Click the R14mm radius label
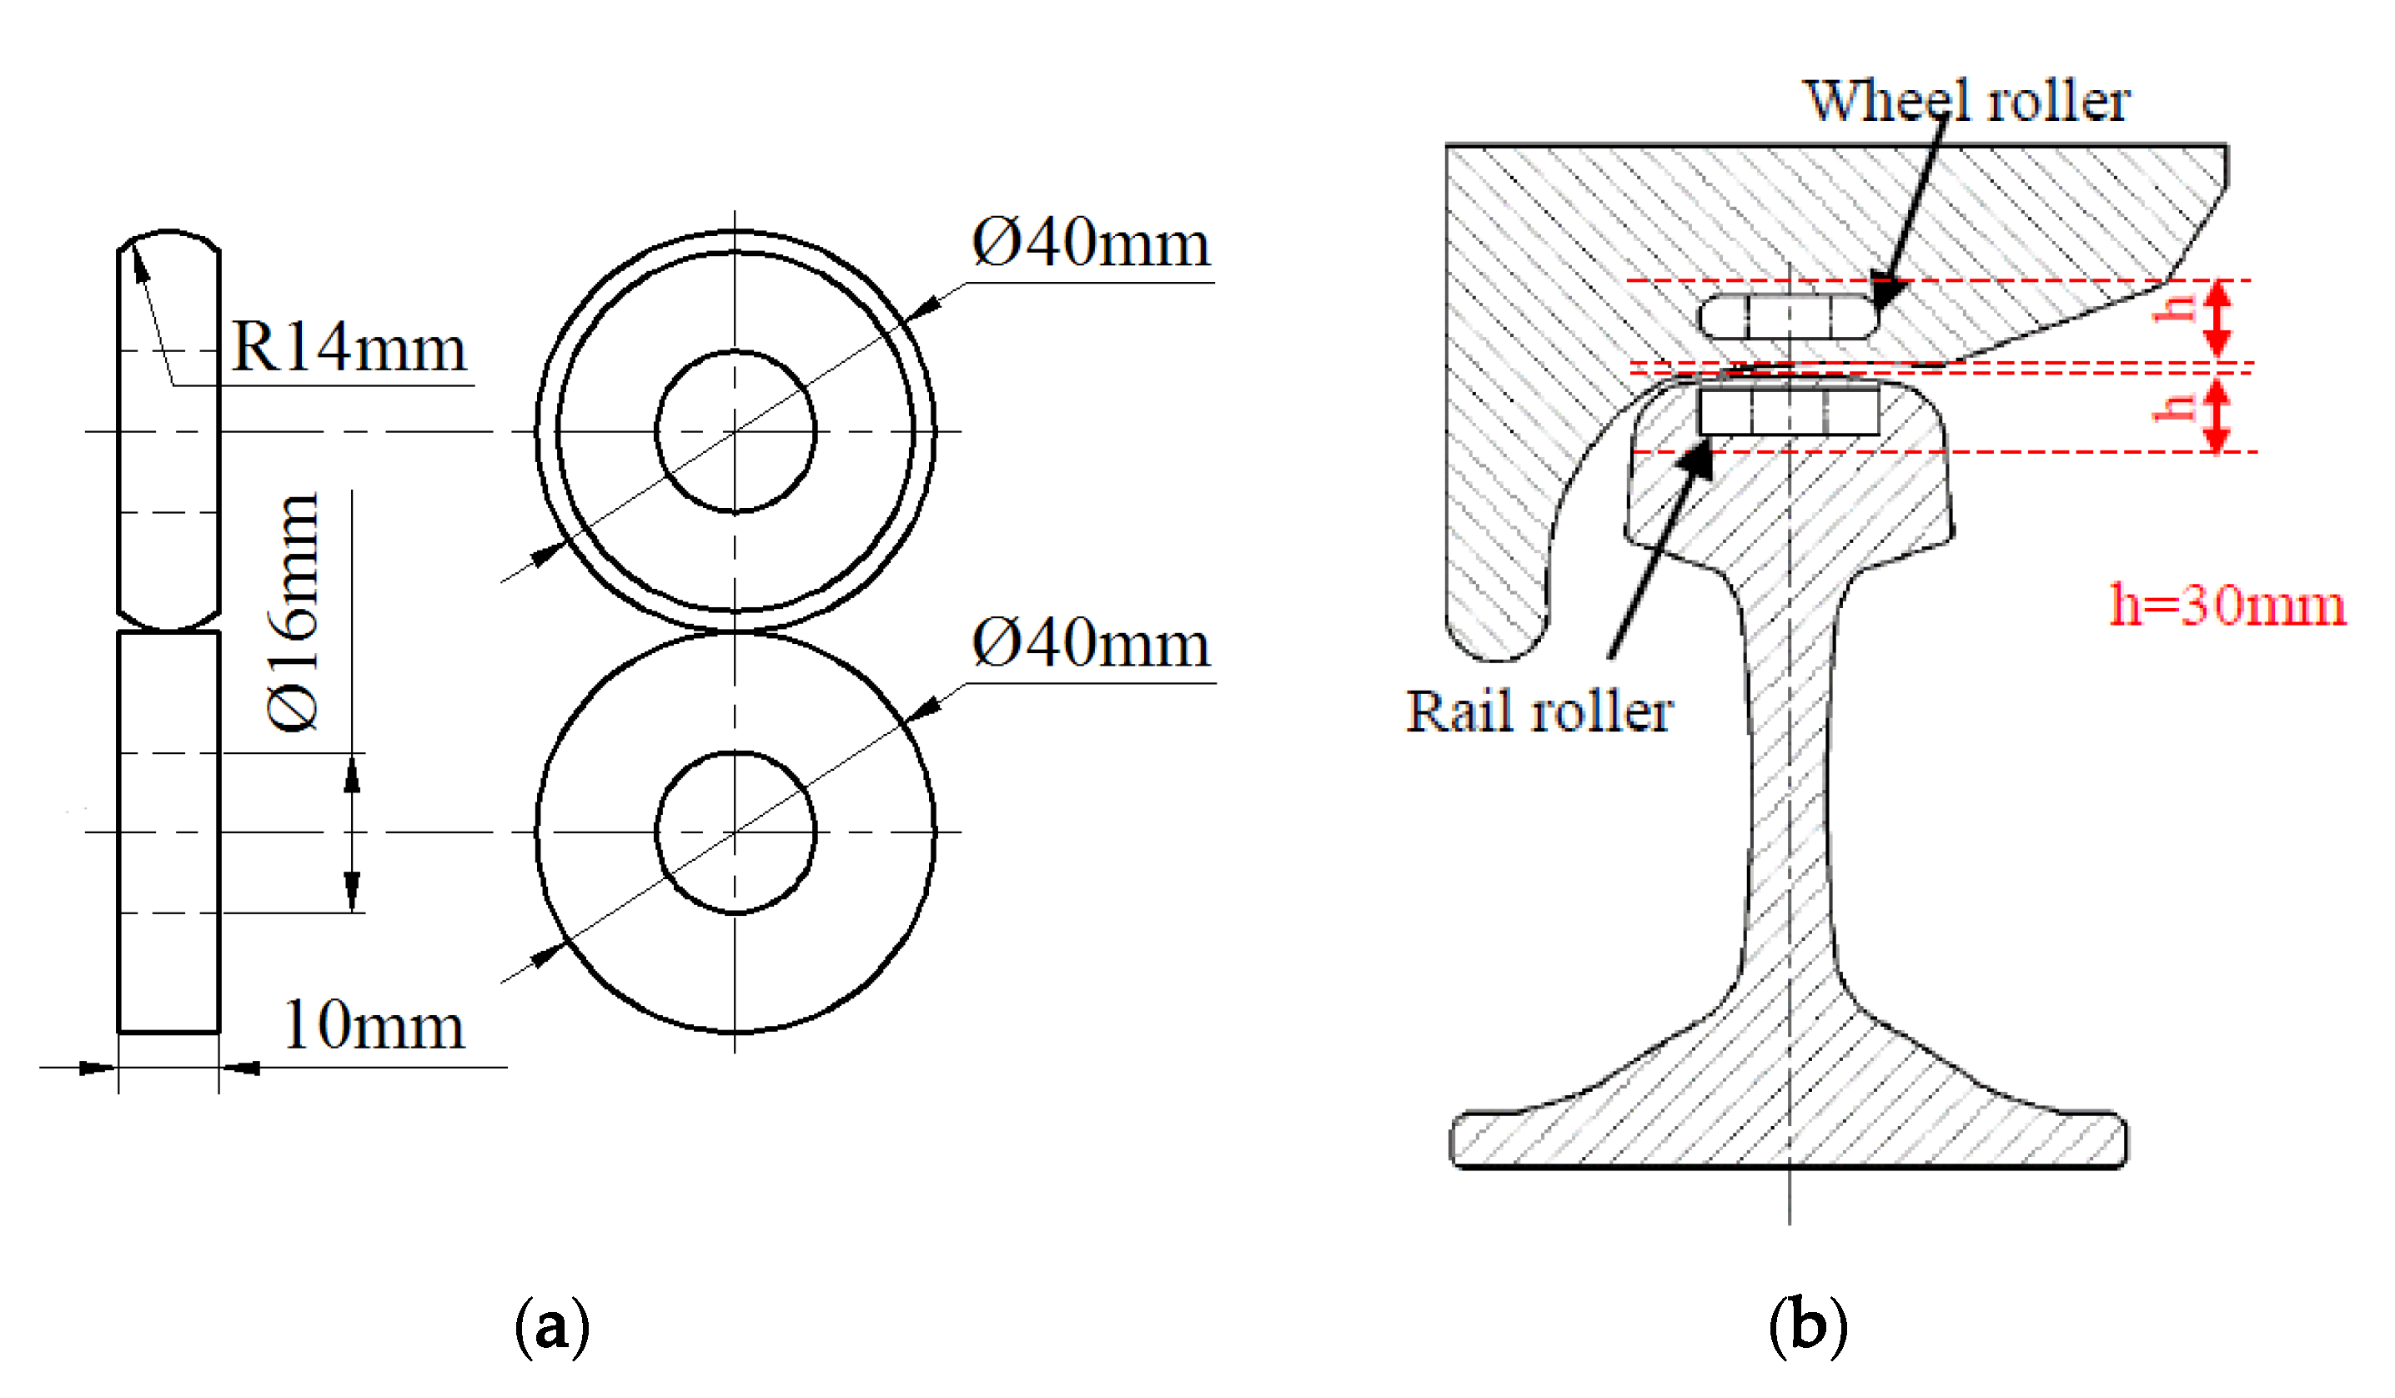coord(349,348)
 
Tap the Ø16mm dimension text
coord(293,613)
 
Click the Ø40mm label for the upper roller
coord(1091,244)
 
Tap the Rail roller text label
coord(1539,712)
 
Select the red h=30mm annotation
coord(2227,605)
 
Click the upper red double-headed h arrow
coord(2217,319)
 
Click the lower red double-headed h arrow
coord(2217,414)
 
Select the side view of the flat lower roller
coord(169,832)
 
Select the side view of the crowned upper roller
coord(169,431)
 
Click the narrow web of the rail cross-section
coord(1790,807)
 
